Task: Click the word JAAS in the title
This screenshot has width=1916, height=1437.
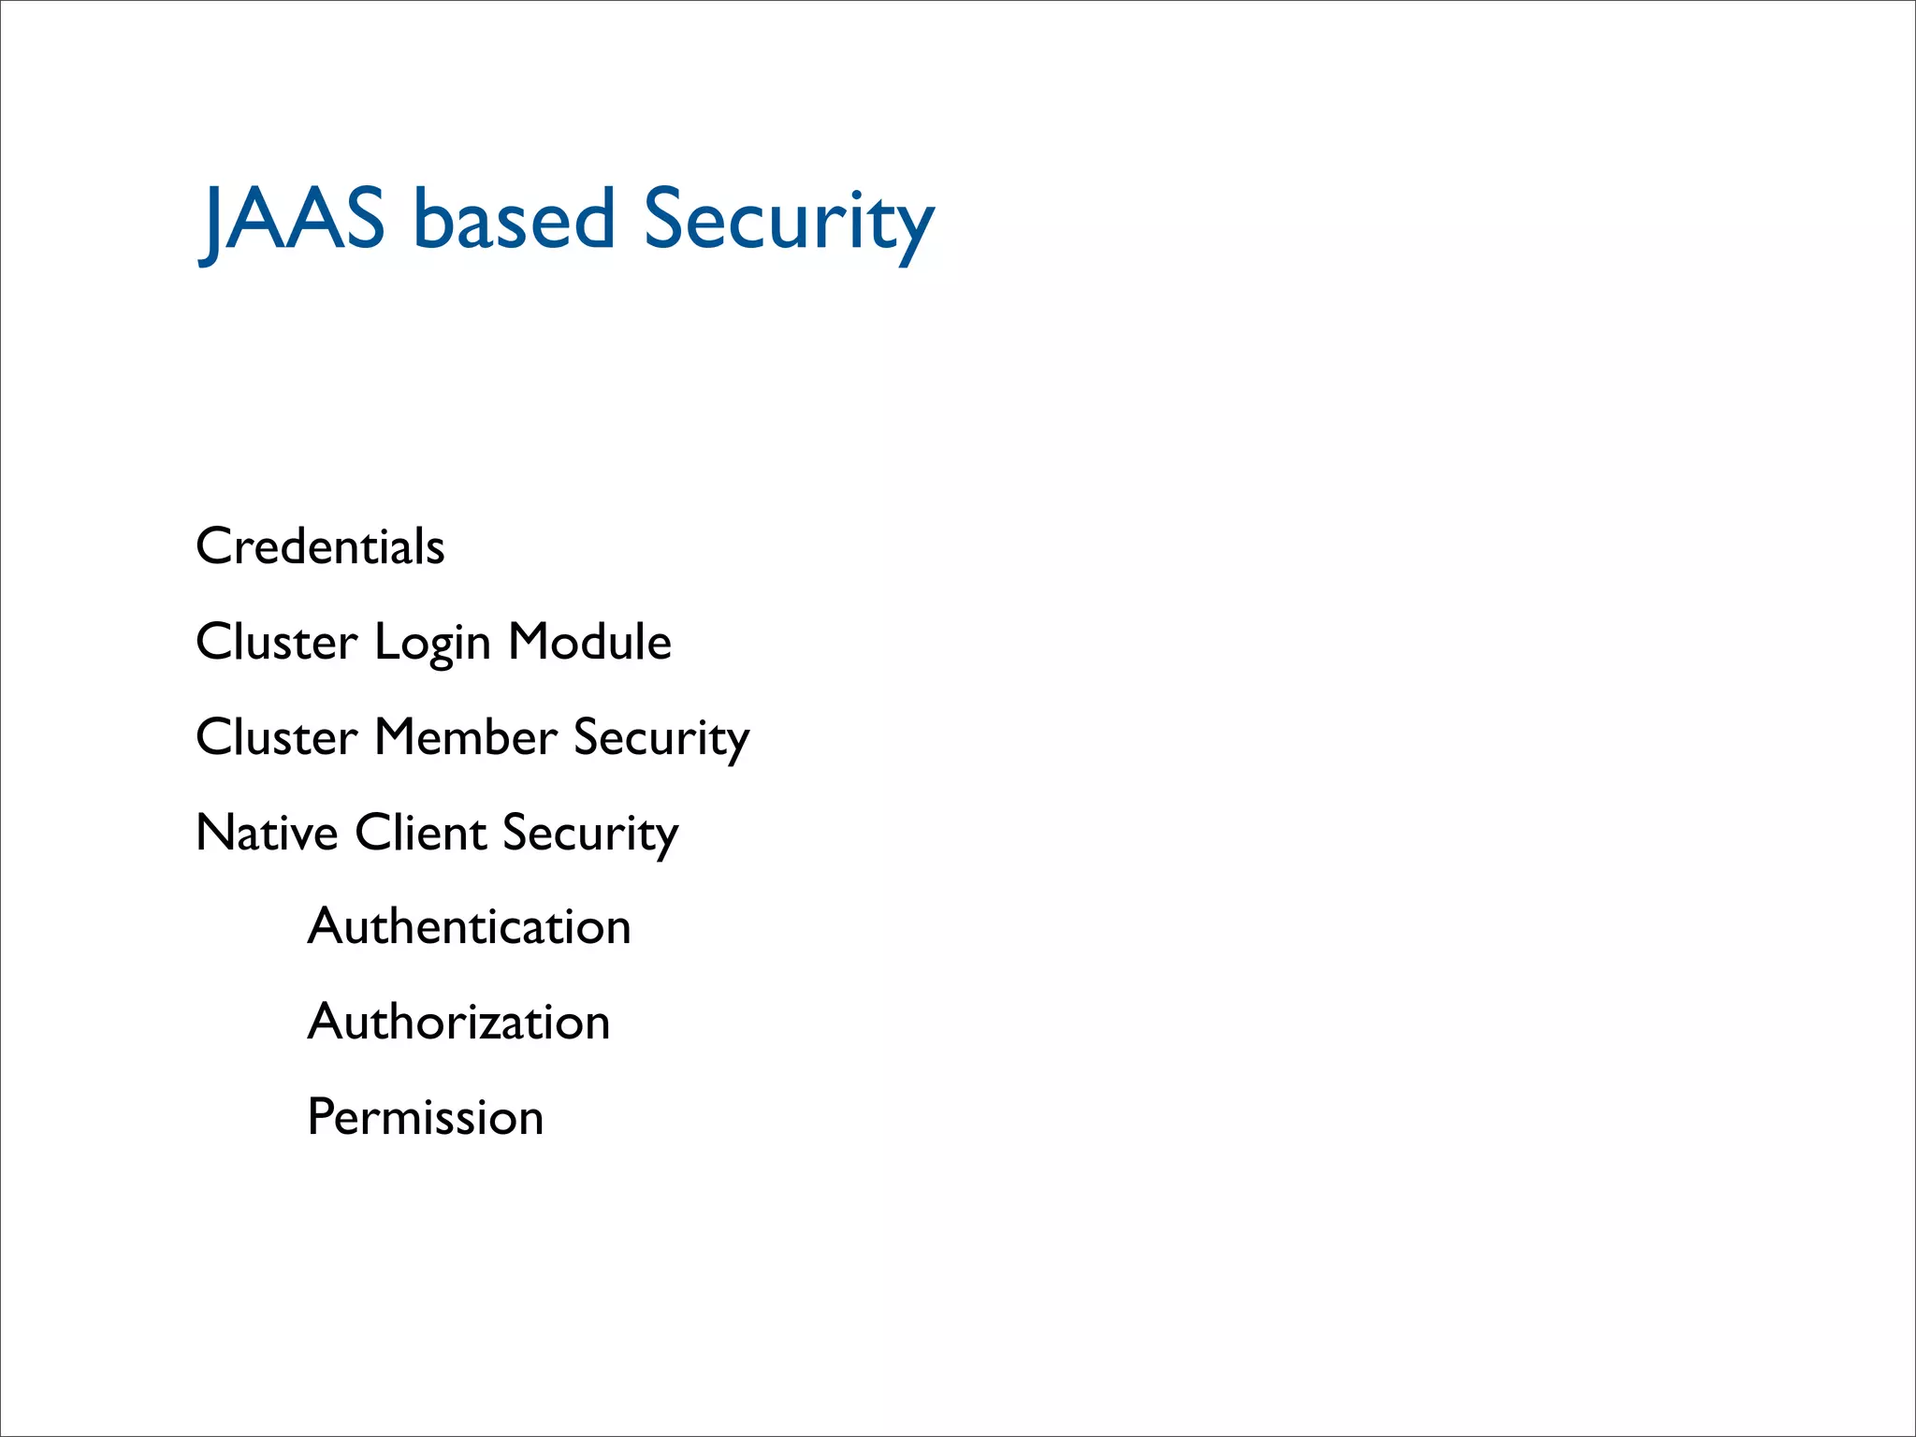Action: tap(293, 220)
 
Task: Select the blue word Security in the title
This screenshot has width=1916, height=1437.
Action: tap(789, 220)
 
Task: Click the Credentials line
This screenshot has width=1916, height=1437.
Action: tap(320, 546)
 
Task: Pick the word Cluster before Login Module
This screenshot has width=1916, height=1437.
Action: tap(277, 642)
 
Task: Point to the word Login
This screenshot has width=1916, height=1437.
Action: tap(432, 644)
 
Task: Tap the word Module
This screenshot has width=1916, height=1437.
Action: tap(589, 642)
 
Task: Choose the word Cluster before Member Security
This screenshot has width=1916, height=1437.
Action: tap(277, 737)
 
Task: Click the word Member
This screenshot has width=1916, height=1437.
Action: tap(466, 737)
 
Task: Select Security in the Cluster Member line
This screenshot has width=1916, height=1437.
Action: tap(661, 739)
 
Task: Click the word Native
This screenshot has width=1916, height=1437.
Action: tap(267, 833)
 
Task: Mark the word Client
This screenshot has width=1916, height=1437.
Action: tap(420, 833)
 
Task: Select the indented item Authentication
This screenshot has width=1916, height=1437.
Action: tap(469, 927)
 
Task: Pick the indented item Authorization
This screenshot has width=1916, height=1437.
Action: tap(458, 1022)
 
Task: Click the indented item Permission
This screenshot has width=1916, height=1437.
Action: tap(425, 1117)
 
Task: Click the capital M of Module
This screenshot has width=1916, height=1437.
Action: tap(530, 642)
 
